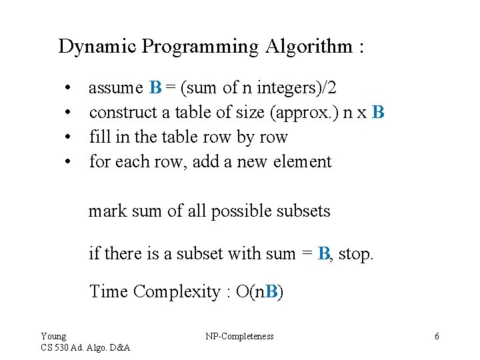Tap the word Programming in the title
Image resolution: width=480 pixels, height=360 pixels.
[x=201, y=47]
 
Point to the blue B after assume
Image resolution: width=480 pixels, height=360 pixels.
[x=155, y=87]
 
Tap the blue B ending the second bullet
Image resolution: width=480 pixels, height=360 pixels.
[x=379, y=112]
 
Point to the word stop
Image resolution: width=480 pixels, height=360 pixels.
[x=356, y=253]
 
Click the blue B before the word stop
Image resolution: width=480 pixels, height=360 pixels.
[x=324, y=253]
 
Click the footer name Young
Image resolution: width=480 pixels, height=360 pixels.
[x=53, y=336]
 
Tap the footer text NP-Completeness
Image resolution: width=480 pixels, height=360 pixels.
[x=239, y=336]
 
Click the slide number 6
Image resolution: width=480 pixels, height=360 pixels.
[x=437, y=336]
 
